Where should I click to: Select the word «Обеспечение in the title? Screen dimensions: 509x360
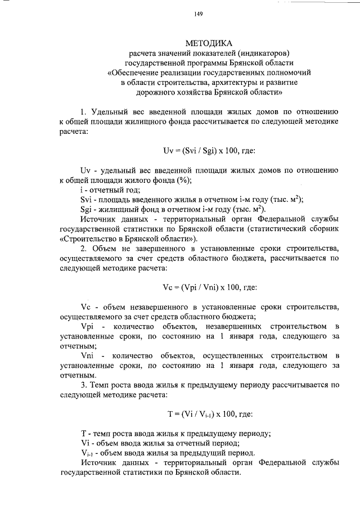coord(134,73)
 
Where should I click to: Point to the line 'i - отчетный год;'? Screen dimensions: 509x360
coord(110,190)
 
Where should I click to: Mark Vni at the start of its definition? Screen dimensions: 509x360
coord(88,355)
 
